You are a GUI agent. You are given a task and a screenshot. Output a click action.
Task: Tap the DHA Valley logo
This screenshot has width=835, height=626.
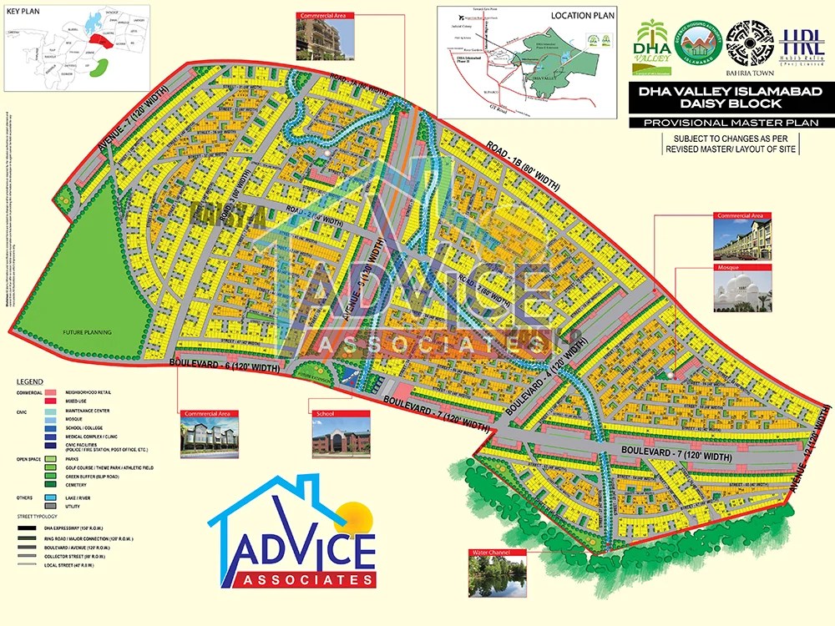[x=652, y=47]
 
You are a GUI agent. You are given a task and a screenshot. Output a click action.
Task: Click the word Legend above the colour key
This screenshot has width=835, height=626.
[x=30, y=381]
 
